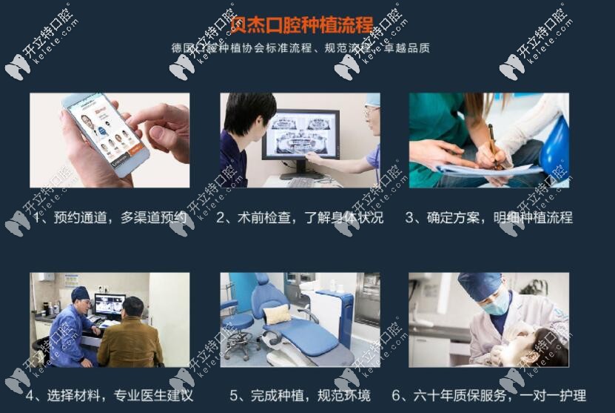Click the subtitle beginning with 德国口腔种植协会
(300, 48)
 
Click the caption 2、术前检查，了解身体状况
(300, 218)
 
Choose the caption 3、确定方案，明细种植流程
(488, 218)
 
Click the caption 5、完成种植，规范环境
(300, 395)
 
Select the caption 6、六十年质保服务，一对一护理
(488, 395)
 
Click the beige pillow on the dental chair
(278, 314)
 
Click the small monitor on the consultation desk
(109, 304)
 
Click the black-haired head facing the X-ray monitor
(249, 111)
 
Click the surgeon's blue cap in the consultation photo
(80, 292)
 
